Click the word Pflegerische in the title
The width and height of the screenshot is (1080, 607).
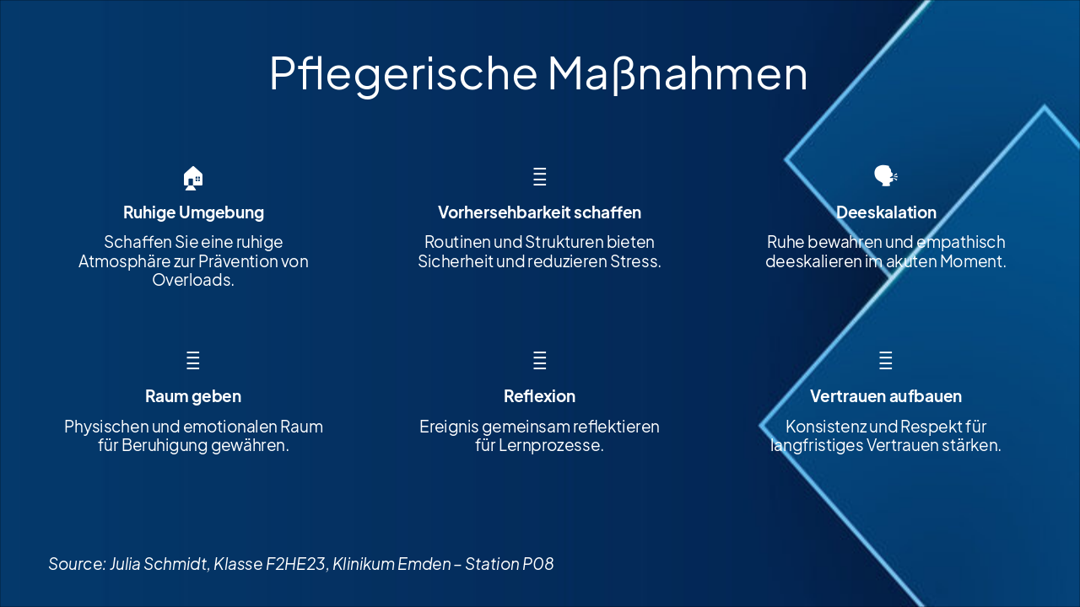(x=402, y=73)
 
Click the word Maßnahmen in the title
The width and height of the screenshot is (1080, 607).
(x=677, y=73)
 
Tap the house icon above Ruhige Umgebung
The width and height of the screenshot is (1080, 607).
(x=193, y=178)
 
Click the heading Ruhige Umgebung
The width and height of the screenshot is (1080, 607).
(x=193, y=212)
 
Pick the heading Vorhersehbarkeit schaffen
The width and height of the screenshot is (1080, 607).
(x=539, y=212)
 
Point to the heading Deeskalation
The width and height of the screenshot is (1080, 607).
(x=886, y=212)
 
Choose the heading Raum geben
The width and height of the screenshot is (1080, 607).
(x=193, y=396)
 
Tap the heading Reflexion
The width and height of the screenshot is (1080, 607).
(x=539, y=396)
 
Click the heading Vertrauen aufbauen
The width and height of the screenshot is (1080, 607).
(x=886, y=396)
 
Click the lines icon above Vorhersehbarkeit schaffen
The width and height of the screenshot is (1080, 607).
(x=540, y=177)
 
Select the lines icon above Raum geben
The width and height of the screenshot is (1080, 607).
(x=193, y=361)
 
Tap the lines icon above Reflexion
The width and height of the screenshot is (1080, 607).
(x=540, y=361)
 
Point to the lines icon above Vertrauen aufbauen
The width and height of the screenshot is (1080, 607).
(x=886, y=361)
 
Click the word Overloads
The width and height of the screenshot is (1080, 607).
(x=193, y=280)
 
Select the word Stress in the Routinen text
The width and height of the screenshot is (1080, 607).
(x=633, y=261)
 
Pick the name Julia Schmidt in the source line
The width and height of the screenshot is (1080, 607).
(x=159, y=564)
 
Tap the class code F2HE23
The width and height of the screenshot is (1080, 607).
(x=295, y=564)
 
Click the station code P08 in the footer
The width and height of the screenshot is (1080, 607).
(x=537, y=564)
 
